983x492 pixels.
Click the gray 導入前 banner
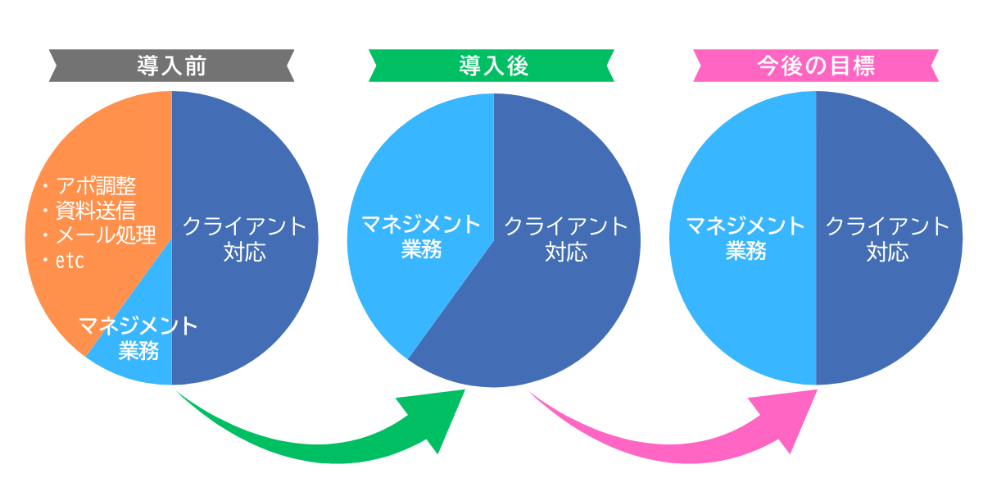[x=171, y=66]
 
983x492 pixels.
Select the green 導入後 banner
[x=491, y=66]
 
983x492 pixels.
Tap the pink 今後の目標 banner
[x=816, y=66]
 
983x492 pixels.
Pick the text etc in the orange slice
[x=70, y=262]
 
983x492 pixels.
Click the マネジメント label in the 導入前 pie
[x=138, y=326]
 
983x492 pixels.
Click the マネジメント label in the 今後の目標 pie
[x=745, y=225]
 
